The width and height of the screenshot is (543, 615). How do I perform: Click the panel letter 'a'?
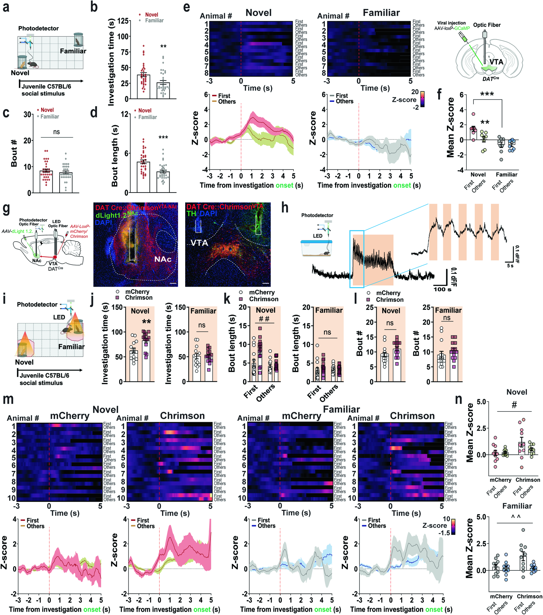[6, 7]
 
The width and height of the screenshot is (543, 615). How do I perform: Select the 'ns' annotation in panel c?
[56, 132]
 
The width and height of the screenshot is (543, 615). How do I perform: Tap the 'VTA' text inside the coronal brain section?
[496, 62]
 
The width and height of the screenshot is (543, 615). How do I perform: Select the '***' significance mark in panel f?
[487, 94]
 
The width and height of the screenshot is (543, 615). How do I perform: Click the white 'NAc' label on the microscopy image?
[163, 259]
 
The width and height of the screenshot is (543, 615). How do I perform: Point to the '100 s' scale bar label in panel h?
[442, 289]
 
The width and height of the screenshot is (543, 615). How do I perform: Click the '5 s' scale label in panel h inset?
[510, 266]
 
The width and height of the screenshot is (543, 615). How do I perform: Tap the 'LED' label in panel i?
[59, 317]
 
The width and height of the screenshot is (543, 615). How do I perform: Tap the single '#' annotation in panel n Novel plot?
[514, 405]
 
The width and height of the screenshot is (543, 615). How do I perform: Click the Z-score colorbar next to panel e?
[422, 99]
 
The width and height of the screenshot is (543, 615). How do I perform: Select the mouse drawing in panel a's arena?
[32, 64]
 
